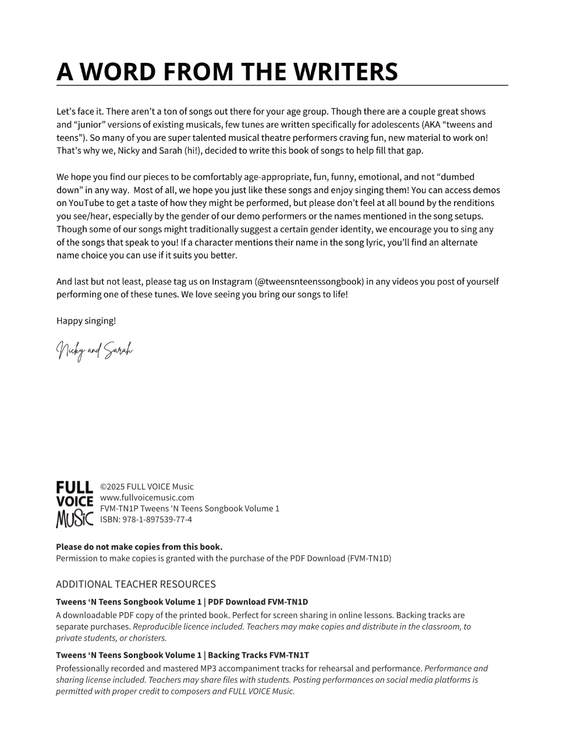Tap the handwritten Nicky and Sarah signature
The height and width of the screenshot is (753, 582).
[x=94, y=350]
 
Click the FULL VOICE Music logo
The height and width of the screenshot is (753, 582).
[x=74, y=504]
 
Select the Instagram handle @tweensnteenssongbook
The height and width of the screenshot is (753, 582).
[x=309, y=282]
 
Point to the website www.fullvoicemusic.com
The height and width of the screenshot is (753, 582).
[x=147, y=498]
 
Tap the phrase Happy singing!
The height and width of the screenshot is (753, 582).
[x=86, y=321]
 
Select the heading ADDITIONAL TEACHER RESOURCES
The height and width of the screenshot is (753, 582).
[x=136, y=584]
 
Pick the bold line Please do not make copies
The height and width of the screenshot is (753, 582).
[x=139, y=547]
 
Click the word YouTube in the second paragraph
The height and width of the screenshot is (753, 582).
[x=87, y=203]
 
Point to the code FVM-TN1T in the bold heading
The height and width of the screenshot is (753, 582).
[x=290, y=655]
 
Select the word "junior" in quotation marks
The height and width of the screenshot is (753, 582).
[x=89, y=125]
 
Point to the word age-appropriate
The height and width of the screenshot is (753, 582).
[x=280, y=177]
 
